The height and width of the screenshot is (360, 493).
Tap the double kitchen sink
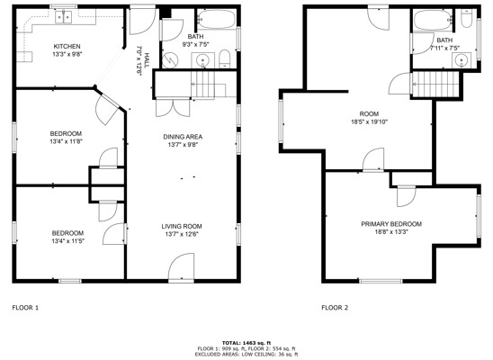[64, 16]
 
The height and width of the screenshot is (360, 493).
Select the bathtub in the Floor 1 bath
[217, 19]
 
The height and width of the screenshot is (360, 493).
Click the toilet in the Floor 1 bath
[225, 58]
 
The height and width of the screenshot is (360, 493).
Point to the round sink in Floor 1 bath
[202, 60]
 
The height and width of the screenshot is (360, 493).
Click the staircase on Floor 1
[209, 85]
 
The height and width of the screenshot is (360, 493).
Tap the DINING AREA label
[183, 137]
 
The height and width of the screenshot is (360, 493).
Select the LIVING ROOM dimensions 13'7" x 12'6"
[182, 234]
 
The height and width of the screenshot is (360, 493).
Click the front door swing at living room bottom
[181, 265]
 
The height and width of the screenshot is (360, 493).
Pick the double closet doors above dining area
[173, 108]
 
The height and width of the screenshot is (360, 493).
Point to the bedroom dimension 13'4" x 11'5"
[67, 241]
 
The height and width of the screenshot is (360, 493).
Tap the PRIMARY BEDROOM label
[391, 224]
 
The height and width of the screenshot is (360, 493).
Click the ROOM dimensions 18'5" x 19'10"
[369, 121]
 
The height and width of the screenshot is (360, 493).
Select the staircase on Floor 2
[435, 85]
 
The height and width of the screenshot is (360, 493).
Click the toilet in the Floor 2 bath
[466, 19]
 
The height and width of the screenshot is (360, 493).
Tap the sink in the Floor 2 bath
[462, 60]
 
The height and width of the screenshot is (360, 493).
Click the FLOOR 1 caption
[25, 308]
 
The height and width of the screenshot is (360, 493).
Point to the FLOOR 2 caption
[335, 308]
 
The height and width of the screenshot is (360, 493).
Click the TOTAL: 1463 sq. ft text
[246, 343]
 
